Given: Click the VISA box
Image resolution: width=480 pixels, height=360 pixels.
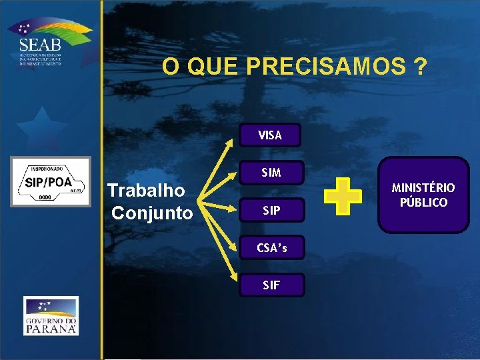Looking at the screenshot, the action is [271, 135].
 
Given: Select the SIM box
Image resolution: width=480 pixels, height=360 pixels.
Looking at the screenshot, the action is [271, 173].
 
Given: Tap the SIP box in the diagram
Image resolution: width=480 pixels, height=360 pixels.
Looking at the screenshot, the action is [271, 210].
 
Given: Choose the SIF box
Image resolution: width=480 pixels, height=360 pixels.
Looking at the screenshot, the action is [271, 285].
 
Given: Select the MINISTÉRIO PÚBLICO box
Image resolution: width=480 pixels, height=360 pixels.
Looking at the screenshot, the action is [423, 195].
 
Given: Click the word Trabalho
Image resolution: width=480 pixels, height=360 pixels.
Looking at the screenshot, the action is [147, 191].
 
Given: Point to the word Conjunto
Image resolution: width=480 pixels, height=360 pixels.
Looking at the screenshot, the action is [152, 213].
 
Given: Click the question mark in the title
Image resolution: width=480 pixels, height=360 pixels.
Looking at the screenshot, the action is [420, 67].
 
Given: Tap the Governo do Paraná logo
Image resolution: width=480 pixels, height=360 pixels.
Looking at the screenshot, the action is [51, 315].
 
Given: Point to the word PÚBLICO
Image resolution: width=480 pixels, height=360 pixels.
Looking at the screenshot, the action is [423, 202].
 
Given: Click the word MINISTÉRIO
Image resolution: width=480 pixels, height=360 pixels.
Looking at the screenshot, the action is [423, 188].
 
